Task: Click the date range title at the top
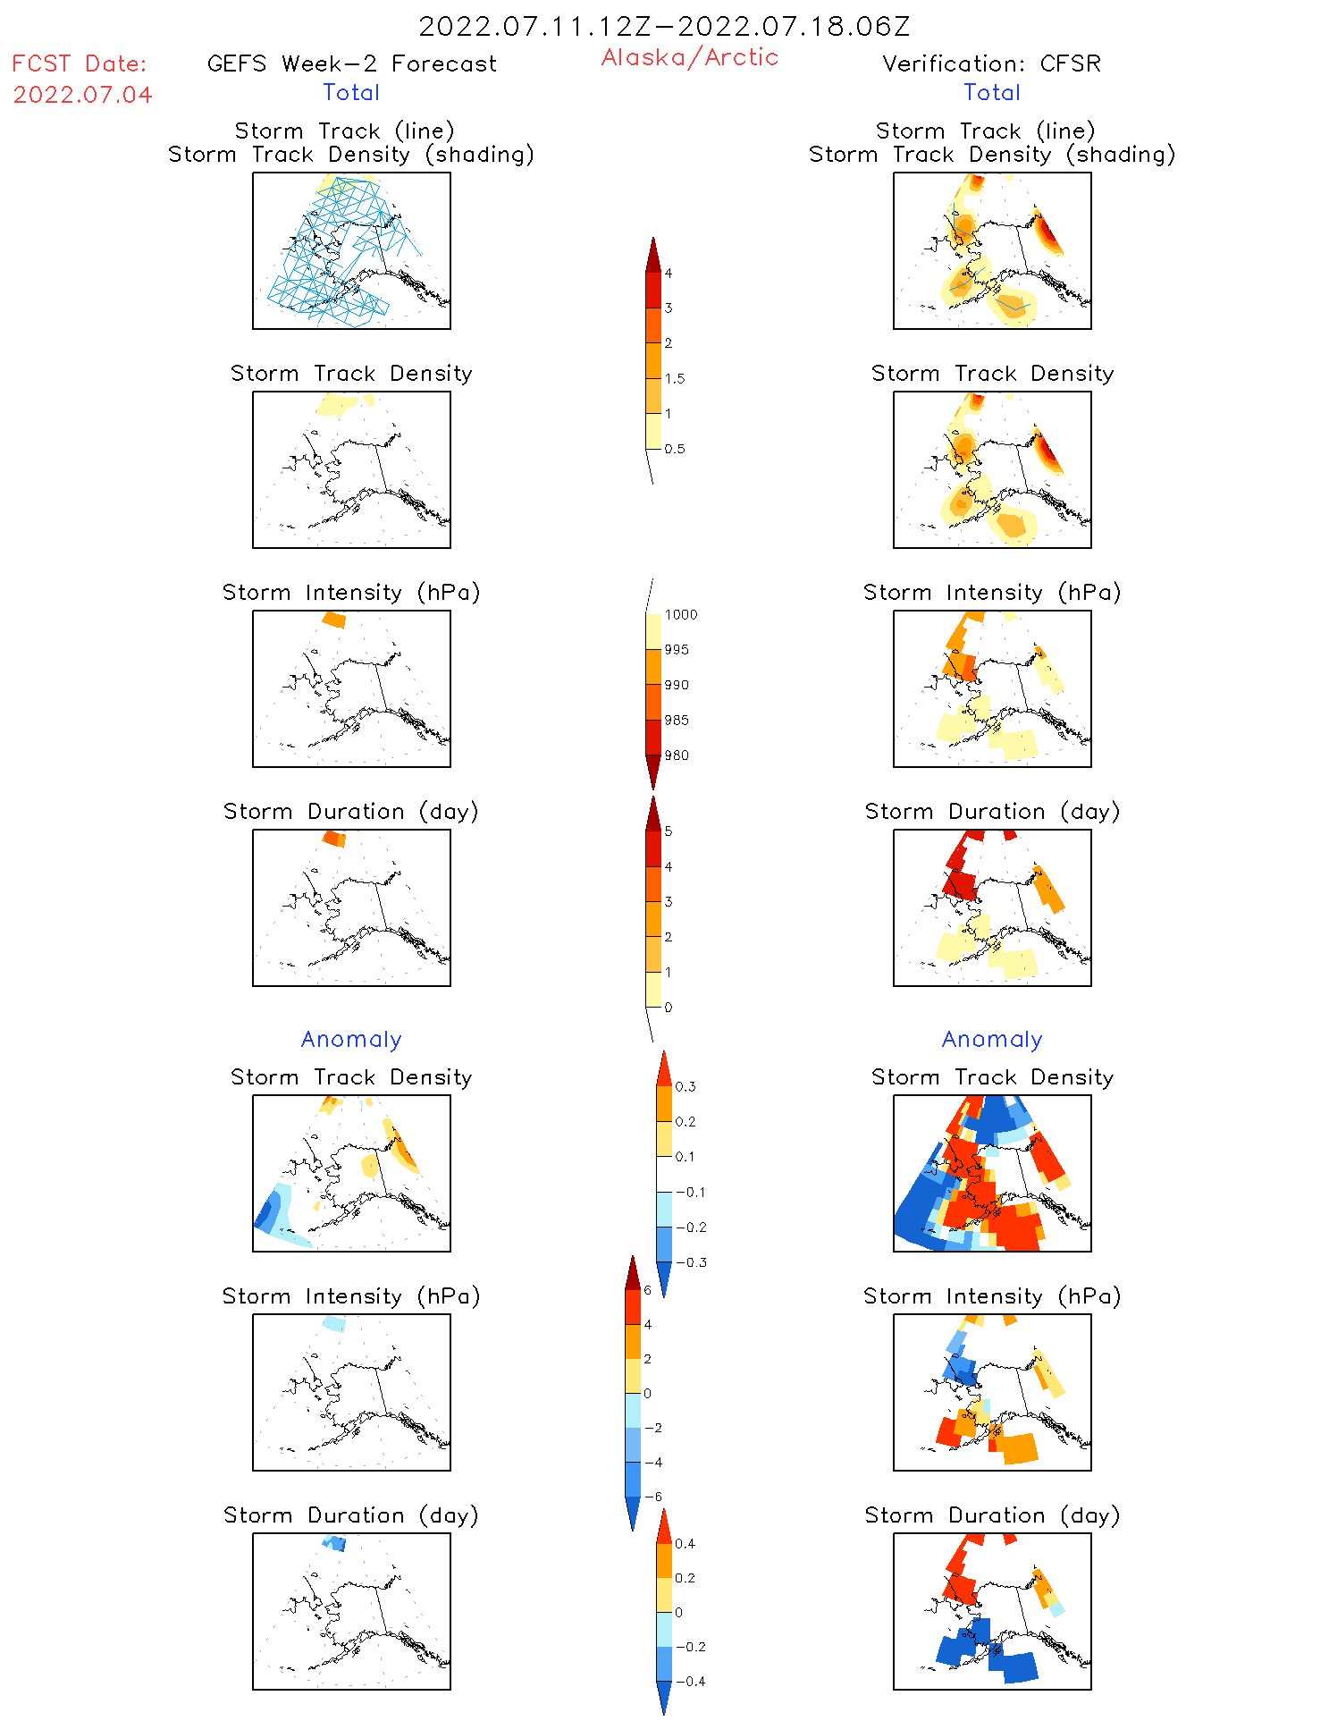tap(664, 27)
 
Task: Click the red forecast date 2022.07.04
tap(82, 95)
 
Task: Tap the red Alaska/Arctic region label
tap(689, 57)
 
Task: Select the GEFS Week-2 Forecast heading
tap(351, 63)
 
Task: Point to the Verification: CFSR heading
tap(991, 63)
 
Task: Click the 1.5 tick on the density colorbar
tap(675, 378)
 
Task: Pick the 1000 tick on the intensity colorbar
tap(680, 614)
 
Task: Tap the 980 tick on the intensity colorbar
tap(677, 755)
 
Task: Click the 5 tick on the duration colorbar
tap(668, 831)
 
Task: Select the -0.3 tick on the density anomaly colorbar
tap(691, 1262)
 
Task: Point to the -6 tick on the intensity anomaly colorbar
tap(653, 1497)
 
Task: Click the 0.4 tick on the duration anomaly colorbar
tap(685, 1543)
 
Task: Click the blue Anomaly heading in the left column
tap(351, 1039)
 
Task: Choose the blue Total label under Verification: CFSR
tap(991, 92)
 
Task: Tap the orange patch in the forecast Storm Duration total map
tap(334, 839)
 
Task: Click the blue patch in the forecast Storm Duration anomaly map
tap(335, 1543)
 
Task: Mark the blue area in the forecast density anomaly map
tap(267, 1211)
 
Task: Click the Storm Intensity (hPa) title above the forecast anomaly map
tap(351, 1296)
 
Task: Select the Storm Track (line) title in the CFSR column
tap(985, 131)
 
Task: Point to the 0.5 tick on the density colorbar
tap(675, 449)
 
